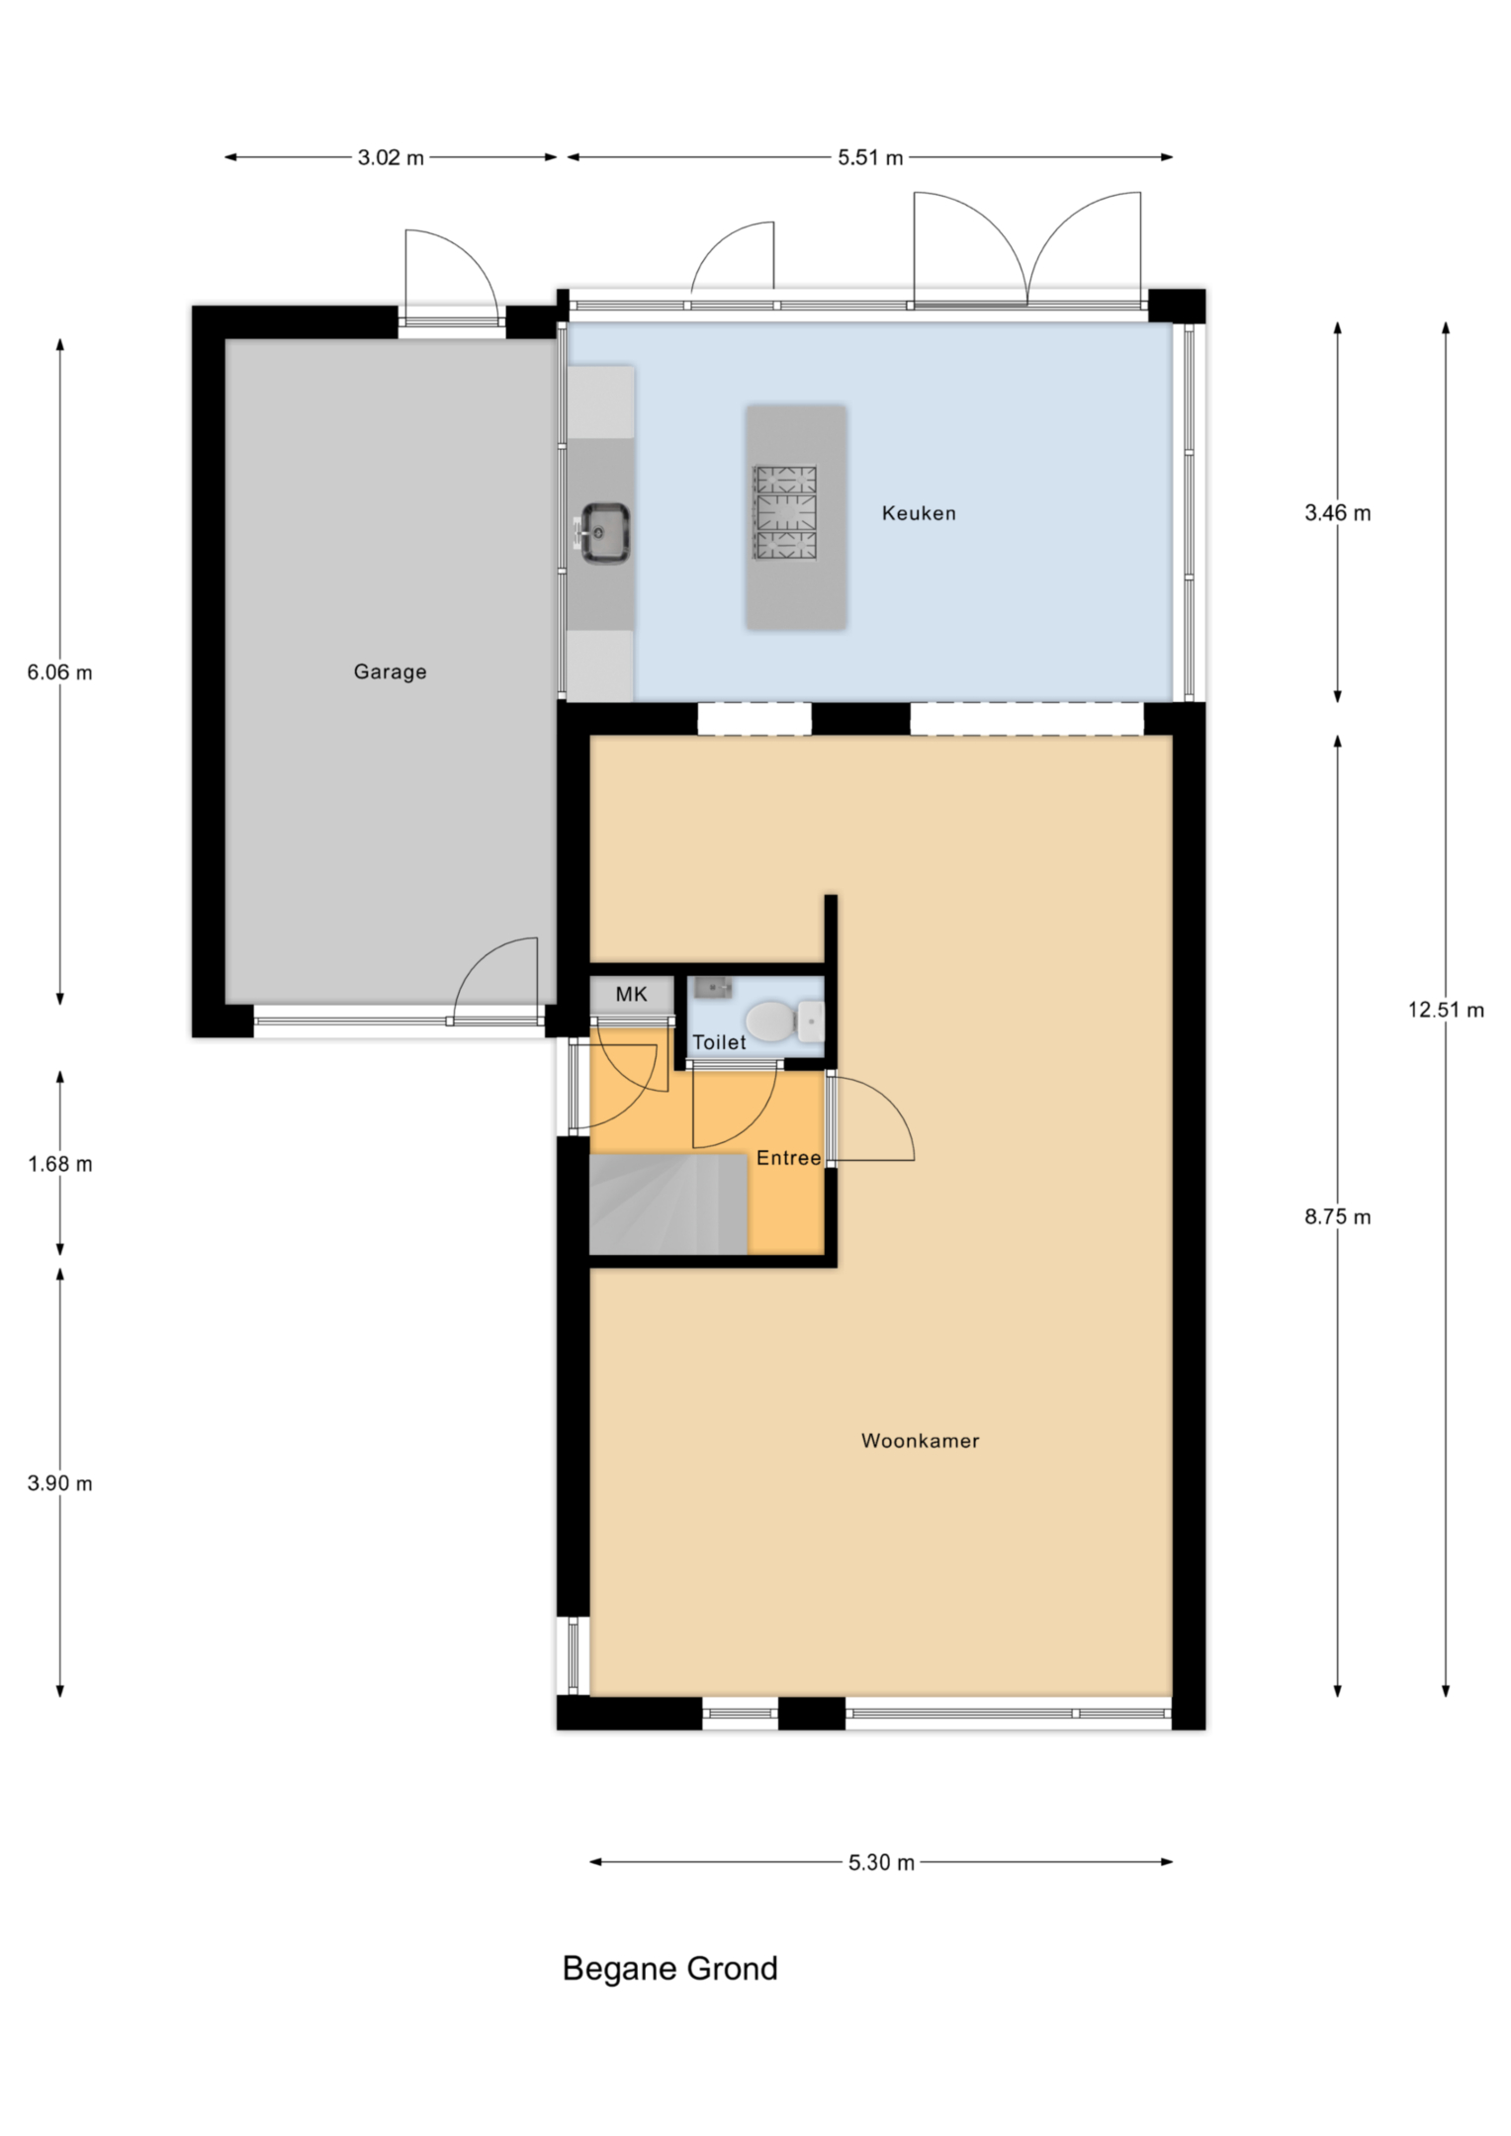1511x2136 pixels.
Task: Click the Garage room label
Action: [390, 671]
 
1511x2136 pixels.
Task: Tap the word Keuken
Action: [919, 512]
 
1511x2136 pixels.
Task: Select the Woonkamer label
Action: [920, 1441]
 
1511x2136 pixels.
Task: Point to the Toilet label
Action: [719, 1042]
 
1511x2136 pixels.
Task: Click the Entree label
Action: [788, 1158]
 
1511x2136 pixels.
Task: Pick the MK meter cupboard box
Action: [632, 994]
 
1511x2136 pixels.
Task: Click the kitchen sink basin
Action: [604, 533]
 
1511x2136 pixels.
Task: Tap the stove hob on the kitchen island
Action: [785, 512]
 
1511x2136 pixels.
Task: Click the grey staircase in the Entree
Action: [668, 1203]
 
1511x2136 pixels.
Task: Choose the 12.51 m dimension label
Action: [1446, 1010]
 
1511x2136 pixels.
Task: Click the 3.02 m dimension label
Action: [391, 157]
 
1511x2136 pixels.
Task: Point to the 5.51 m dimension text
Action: [870, 157]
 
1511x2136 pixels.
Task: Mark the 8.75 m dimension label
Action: [1337, 1217]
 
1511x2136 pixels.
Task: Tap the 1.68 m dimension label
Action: [60, 1164]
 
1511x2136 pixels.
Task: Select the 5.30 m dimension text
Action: [881, 1863]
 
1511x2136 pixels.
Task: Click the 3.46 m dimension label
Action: [1337, 512]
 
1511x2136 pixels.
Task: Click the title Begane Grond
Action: [669, 1969]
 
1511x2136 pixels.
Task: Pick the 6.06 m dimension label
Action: [60, 672]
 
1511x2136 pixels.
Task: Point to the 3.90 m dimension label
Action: [60, 1483]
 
